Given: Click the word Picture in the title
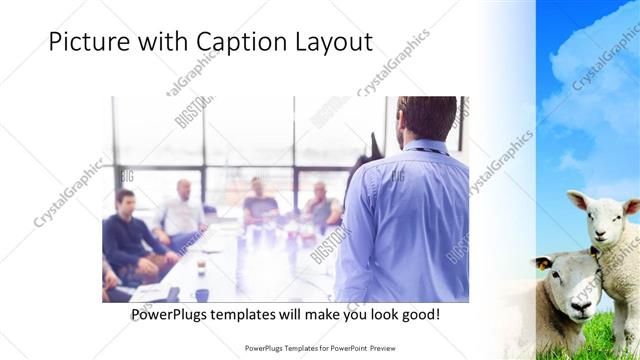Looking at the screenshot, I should coord(85,43).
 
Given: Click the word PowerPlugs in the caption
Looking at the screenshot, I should coord(171,314).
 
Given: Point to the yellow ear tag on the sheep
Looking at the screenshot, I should coord(545,265).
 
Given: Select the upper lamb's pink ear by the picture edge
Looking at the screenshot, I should coord(631,207).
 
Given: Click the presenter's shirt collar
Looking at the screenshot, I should coord(424,146).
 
